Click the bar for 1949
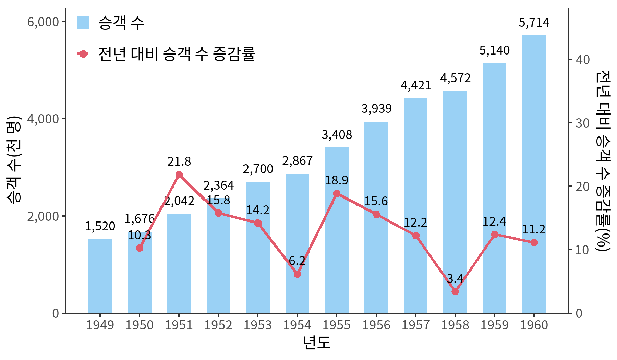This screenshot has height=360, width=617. pos(100,276)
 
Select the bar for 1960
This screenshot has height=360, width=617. pos(534,174)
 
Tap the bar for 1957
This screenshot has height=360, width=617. pos(415,206)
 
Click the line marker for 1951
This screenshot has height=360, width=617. pos(179,175)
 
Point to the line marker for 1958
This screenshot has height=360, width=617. pos(455,291)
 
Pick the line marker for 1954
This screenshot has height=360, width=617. pos(297,274)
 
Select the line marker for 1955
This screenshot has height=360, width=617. pos(337,193)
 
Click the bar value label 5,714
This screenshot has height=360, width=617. pos(534,23)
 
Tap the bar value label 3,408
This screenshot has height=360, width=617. pos(337,135)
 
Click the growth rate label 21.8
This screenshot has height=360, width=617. pos(179,161)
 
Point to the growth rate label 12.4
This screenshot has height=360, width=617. pos(494,221)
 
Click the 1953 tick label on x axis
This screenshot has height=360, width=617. pos(258,325)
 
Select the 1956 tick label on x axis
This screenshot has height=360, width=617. pos(376,325)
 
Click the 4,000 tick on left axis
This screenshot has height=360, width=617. pos(43,119)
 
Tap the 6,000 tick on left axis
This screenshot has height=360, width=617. pos(43,22)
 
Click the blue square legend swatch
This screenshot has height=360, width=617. pos(83,23)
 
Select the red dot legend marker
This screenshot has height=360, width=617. pos(83,54)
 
